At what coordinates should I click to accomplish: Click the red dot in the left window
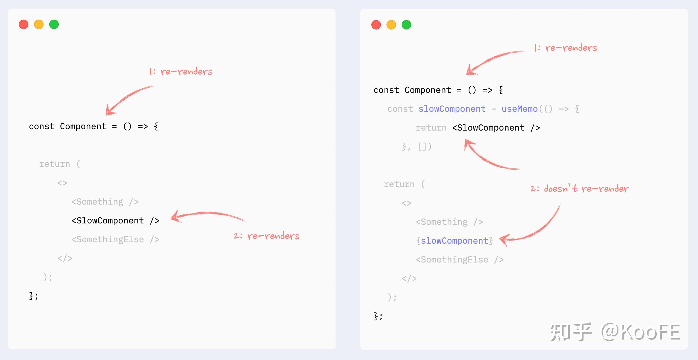[24, 25]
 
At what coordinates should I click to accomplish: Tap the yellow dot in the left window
[39, 25]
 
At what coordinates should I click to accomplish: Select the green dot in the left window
[54, 25]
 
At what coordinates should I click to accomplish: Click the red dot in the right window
[376, 25]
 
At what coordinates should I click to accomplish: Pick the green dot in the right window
[406, 25]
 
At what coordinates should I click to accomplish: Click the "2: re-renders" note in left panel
[266, 236]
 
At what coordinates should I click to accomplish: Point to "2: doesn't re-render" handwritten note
[579, 188]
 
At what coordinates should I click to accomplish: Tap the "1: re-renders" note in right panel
[566, 48]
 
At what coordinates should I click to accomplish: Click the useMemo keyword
[520, 109]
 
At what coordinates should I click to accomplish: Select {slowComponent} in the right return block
[454, 241]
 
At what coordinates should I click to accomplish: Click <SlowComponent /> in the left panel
[115, 220]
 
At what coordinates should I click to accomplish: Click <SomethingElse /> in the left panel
[115, 240]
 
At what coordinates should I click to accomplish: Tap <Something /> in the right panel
[449, 222]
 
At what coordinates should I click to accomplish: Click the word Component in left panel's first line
[83, 126]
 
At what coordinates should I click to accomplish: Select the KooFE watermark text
[650, 332]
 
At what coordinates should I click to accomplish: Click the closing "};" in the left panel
[34, 296]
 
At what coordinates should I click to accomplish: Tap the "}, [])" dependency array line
[417, 147]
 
